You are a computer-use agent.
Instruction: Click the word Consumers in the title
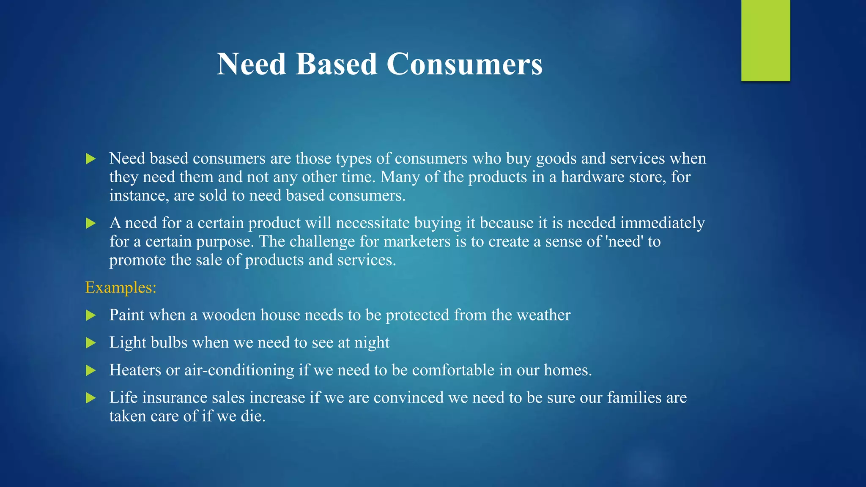[x=464, y=64]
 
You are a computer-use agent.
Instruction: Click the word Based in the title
[x=336, y=64]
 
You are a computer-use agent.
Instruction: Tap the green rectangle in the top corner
[x=765, y=40]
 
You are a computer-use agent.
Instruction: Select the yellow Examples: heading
[x=121, y=287]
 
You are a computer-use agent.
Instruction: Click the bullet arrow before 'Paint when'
[x=90, y=315]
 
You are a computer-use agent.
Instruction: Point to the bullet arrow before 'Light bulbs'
[x=90, y=343]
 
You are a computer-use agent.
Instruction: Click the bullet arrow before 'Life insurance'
[x=90, y=398]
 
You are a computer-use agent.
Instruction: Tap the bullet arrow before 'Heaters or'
[x=90, y=371]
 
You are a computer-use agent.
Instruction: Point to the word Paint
[x=126, y=315]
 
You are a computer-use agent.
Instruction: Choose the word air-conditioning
[x=239, y=370]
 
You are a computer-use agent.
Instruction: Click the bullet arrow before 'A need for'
[x=90, y=223]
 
